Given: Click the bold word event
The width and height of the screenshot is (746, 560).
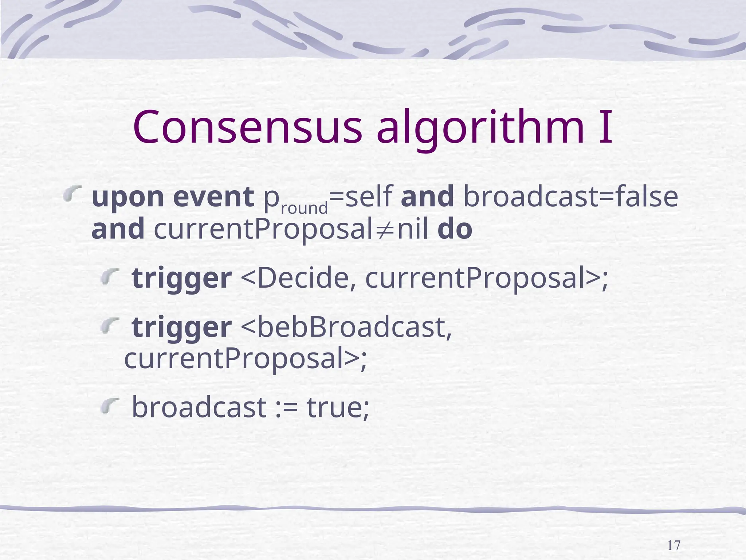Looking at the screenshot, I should [213, 197].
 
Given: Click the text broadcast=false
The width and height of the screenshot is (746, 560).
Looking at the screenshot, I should [570, 197].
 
